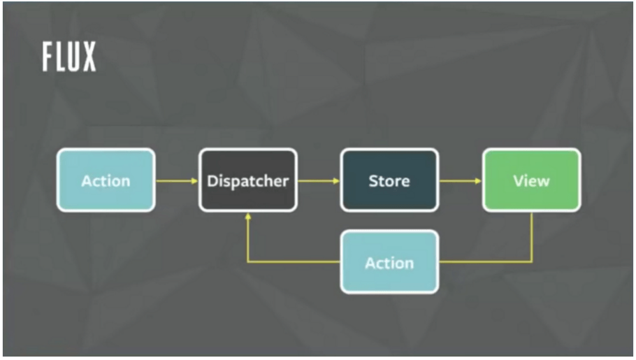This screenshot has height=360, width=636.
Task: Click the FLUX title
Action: click(69, 57)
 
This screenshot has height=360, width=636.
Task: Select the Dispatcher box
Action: click(248, 180)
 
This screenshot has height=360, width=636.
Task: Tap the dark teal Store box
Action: click(389, 180)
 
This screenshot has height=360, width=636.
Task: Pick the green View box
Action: click(531, 180)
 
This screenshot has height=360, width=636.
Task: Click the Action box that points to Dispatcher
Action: click(106, 180)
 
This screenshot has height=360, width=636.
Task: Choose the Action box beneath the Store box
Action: click(389, 261)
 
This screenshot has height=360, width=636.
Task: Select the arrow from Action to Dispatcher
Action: click(177, 180)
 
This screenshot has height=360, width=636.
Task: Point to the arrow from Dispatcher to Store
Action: click(319, 180)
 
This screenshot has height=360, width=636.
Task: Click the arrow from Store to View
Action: click(461, 180)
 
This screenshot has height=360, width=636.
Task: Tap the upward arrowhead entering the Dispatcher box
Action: click(248, 217)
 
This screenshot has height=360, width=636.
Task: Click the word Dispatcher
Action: click(248, 181)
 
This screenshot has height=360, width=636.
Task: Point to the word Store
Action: click(389, 181)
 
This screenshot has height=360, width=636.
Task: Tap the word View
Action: click(531, 181)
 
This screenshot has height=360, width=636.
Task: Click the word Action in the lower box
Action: click(389, 264)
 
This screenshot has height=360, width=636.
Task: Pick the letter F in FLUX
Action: click(48, 57)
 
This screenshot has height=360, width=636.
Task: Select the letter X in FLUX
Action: click(89, 57)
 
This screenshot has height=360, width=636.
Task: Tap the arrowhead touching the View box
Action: click(478, 180)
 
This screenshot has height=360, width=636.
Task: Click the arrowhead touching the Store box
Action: click(336, 180)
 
